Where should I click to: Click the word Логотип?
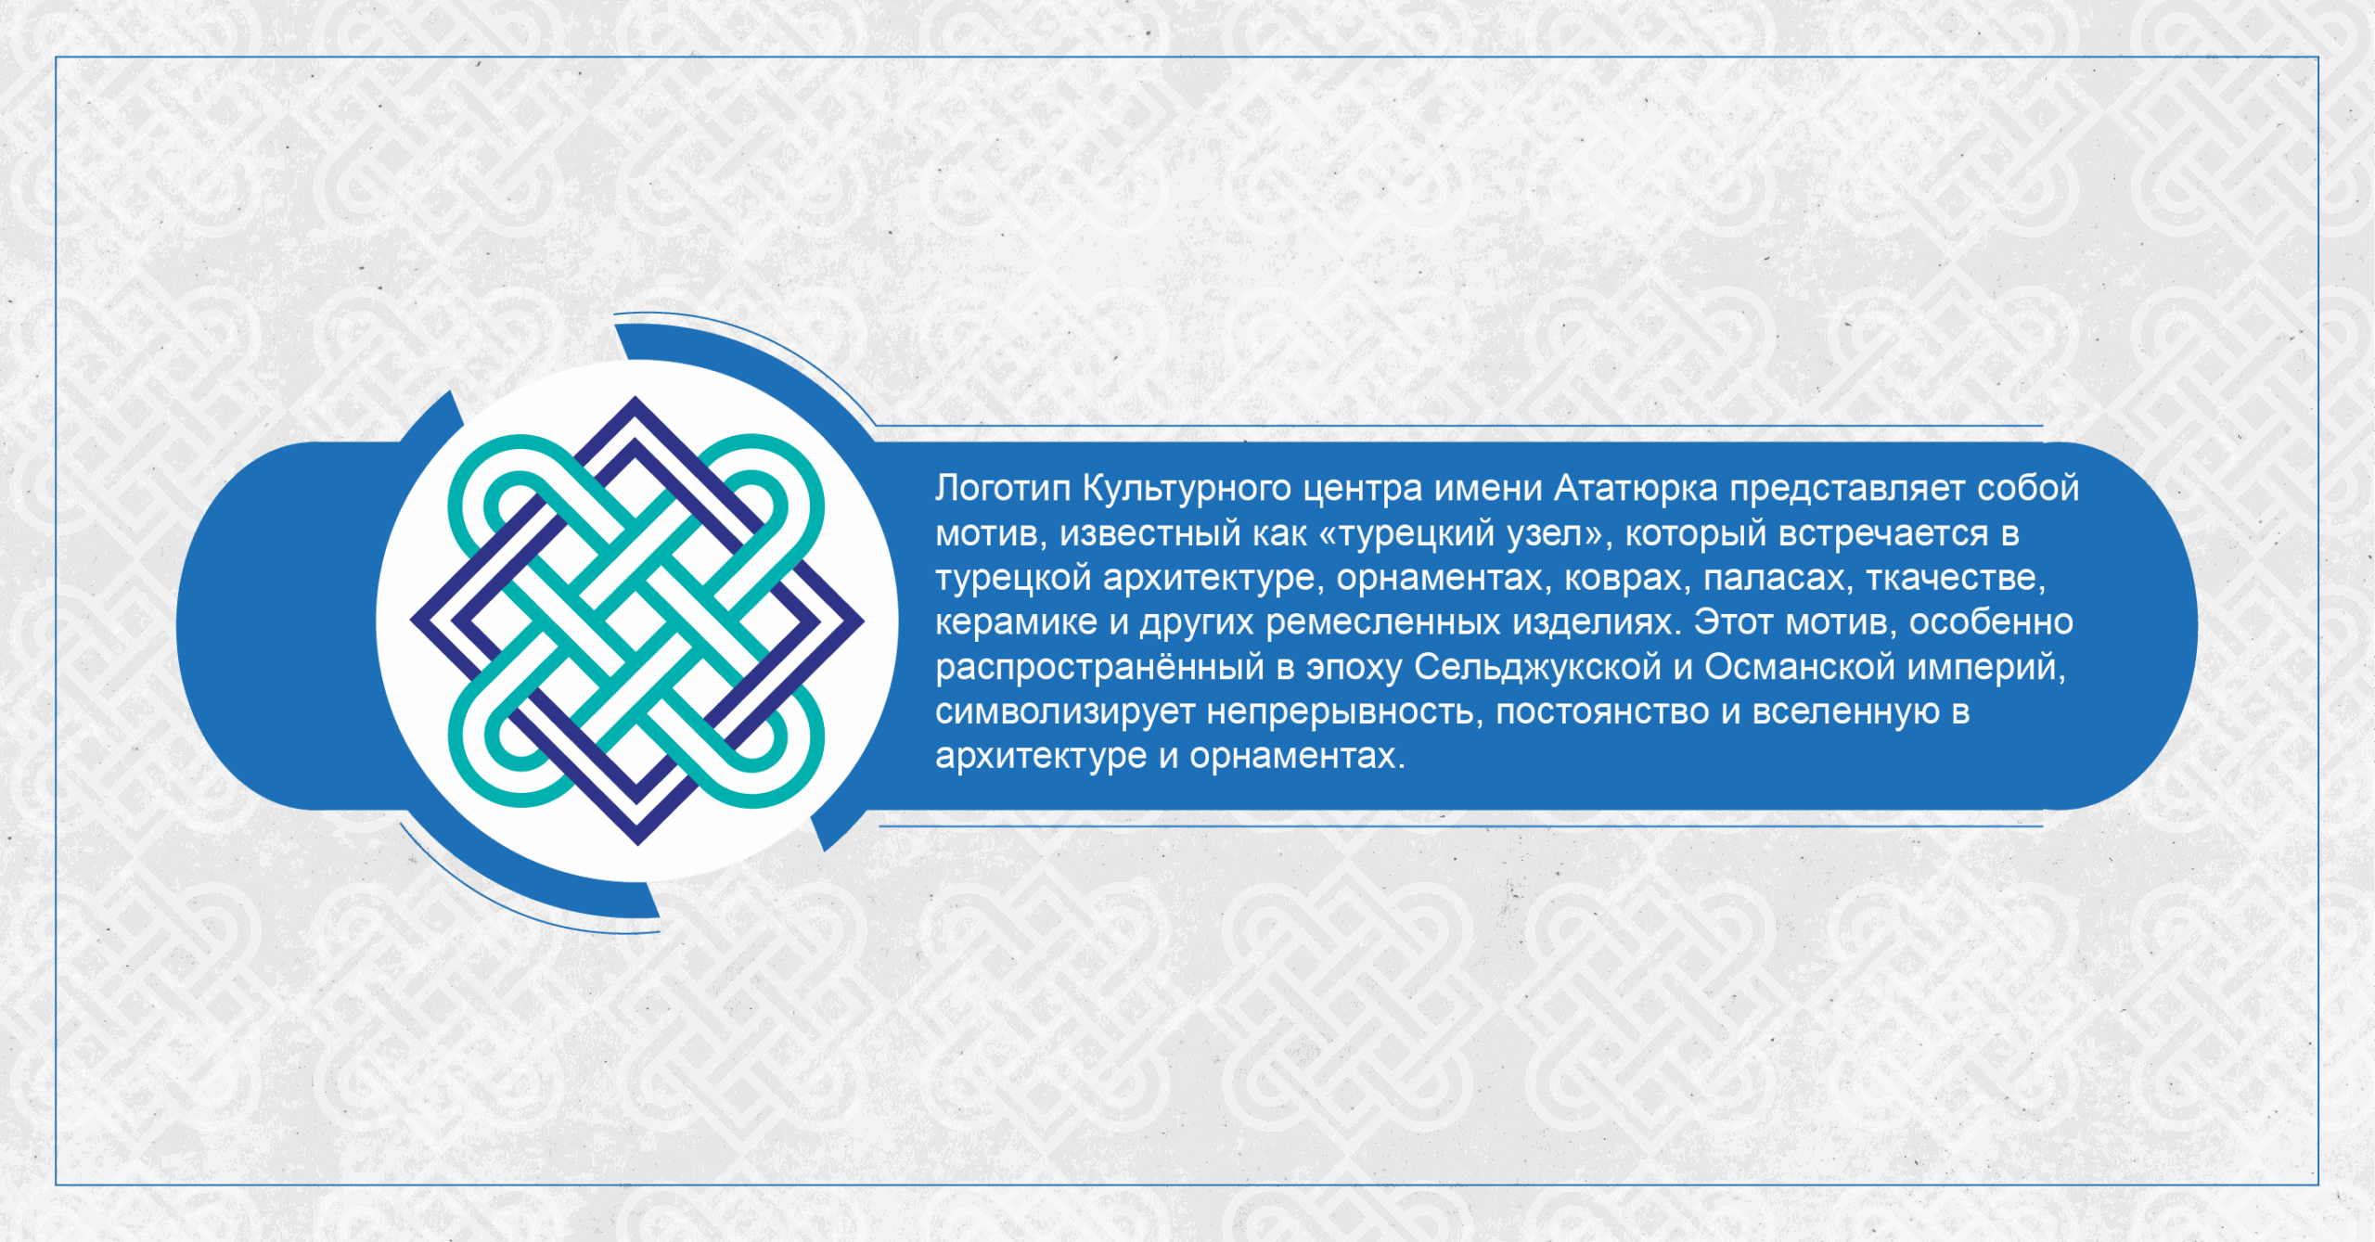pos(1003,488)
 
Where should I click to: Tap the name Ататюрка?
pos(1636,489)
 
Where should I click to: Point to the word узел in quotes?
pos(1545,534)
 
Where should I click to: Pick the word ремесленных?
pos(1382,623)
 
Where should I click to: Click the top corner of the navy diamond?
pos(635,397)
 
